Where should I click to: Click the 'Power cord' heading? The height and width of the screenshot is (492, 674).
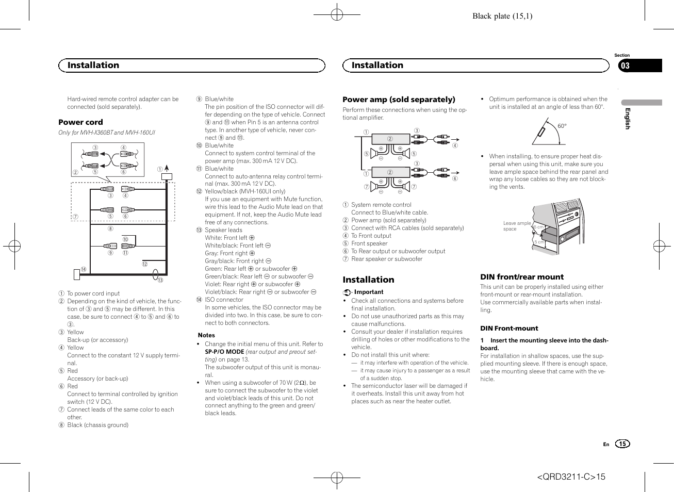coord(80,122)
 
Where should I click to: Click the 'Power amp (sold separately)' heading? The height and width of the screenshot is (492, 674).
coord(399,100)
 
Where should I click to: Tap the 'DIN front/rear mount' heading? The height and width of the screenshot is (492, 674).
coord(522,277)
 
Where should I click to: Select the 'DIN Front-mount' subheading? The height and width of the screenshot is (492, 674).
coord(509,328)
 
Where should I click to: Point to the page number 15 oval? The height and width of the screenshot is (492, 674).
coord(622,444)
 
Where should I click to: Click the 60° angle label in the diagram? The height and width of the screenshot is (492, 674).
coord(562,126)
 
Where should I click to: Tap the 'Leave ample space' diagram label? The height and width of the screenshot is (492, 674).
coord(516,226)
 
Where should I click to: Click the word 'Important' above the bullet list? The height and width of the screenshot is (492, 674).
coord(368,292)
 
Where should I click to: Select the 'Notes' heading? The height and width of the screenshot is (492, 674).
coord(206,335)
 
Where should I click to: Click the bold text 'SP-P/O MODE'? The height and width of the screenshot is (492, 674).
coord(224,352)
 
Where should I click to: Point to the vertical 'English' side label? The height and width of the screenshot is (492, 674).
coord(628,119)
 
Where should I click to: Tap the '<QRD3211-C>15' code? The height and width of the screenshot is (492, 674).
coord(571,477)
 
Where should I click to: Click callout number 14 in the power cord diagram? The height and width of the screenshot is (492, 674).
coord(84,270)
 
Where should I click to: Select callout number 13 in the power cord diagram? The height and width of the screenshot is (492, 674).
coord(160,280)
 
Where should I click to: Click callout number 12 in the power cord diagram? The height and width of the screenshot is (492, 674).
coord(145,264)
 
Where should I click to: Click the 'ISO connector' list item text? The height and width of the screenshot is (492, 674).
coord(224,300)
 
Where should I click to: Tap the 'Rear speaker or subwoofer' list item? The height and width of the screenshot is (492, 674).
coord(386,259)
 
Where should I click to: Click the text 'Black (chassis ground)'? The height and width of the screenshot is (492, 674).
coord(97,425)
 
